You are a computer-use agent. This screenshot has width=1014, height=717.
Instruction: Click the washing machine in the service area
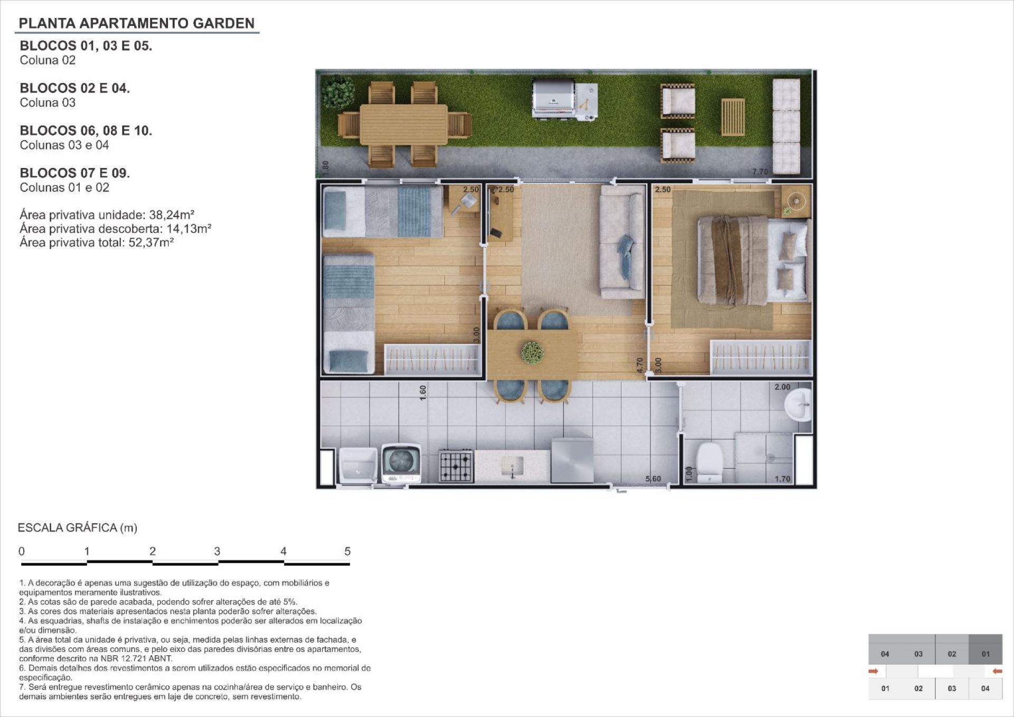pyautogui.click(x=401, y=463)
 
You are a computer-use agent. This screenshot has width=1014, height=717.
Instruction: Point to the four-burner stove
pyautogui.click(x=456, y=465)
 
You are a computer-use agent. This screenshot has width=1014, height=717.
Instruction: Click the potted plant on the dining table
pyautogui.click(x=532, y=352)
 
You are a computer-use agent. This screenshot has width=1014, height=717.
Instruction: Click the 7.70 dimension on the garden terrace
pyautogui.click(x=760, y=172)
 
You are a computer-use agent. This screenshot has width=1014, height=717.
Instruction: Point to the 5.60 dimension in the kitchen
pyautogui.click(x=653, y=479)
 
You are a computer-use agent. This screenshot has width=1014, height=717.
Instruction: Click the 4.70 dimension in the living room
pyautogui.click(x=640, y=366)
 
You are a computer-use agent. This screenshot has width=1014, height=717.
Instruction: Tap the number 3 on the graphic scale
pyautogui.click(x=217, y=551)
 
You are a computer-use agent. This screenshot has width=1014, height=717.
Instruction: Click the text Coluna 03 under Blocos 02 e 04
pyautogui.click(x=48, y=103)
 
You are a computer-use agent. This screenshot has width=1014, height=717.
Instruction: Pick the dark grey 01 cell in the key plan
pyautogui.click(x=985, y=654)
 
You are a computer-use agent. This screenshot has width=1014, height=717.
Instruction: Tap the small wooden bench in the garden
pyautogui.click(x=733, y=117)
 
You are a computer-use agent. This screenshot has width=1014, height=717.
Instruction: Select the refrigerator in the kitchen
pyautogui.click(x=572, y=460)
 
